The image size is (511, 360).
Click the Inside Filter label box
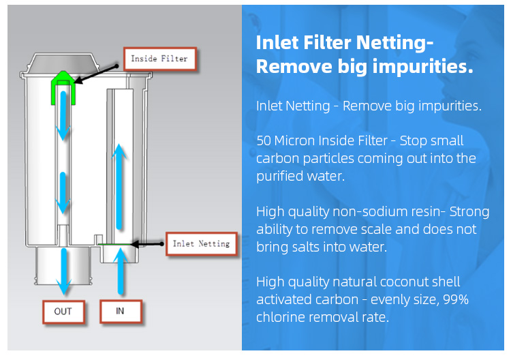click(160, 59)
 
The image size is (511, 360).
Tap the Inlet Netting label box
click(202, 243)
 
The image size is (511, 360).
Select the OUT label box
click(63, 312)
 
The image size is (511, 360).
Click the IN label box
click(121, 311)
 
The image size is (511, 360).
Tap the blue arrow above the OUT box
click(63, 271)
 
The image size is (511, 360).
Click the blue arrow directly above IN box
click(121, 271)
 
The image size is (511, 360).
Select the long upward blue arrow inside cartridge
click(119, 187)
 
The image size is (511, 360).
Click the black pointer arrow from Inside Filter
click(96, 75)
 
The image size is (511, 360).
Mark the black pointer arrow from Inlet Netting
click(146, 244)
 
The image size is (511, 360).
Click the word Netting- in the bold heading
click(394, 43)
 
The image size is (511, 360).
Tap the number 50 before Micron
click(264, 141)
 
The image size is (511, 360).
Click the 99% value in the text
click(456, 299)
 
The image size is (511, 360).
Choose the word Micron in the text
click(294, 141)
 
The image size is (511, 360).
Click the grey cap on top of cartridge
click(63, 63)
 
